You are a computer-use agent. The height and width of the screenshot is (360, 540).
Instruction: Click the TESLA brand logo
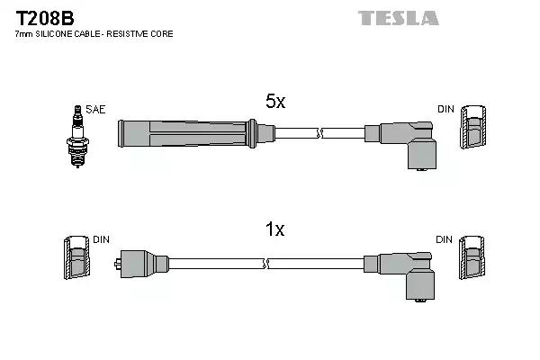pos(398,18)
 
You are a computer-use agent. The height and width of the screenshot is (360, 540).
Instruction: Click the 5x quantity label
pos(275,103)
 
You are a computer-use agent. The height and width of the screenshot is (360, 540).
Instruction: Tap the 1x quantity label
pos(275,230)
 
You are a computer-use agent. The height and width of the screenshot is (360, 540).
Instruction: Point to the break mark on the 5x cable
pos(319,134)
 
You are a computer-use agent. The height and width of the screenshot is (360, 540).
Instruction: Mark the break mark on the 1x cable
pos(267,263)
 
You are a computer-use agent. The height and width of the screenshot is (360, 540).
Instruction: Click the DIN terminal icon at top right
pos(473,130)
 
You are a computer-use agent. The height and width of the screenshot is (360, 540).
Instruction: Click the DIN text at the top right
pos(446,110)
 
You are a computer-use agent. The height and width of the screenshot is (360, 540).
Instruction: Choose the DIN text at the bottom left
pos(101,239)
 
